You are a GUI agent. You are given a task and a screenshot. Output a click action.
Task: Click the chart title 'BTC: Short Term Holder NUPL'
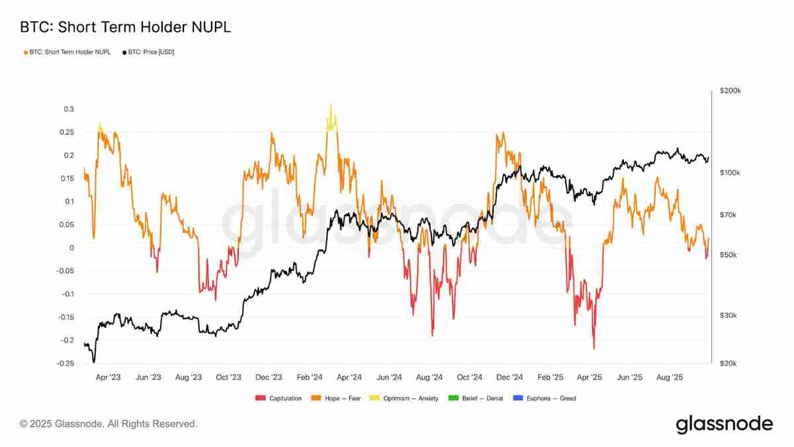pos(125,28)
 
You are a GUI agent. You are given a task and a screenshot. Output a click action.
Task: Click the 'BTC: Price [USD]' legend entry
pos(148,52)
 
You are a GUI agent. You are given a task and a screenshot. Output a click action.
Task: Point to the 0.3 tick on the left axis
pos(69,109)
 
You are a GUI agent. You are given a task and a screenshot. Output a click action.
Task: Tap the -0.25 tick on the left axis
pos(65,364)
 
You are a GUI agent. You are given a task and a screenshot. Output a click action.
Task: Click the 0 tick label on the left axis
pos(72,248)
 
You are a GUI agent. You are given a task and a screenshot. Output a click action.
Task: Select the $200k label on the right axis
pos(730,91)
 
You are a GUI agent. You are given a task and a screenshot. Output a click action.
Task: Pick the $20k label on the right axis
pos(728,364)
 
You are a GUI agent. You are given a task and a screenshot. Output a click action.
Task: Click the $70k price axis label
pos(728,215)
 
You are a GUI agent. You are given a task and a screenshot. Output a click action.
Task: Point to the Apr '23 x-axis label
pos(109,377)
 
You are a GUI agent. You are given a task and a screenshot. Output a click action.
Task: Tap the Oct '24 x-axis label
pos(469,377)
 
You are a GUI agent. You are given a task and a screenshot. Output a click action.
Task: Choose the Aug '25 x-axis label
pos(670,377)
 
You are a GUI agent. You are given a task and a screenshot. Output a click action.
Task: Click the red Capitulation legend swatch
pos(259,398)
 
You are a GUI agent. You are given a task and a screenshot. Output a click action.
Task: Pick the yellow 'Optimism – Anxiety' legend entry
pos(409,398)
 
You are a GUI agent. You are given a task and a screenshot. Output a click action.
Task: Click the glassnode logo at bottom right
pos(724,424)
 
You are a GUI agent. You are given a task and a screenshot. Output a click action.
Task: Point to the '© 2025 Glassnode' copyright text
pos(109,423)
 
